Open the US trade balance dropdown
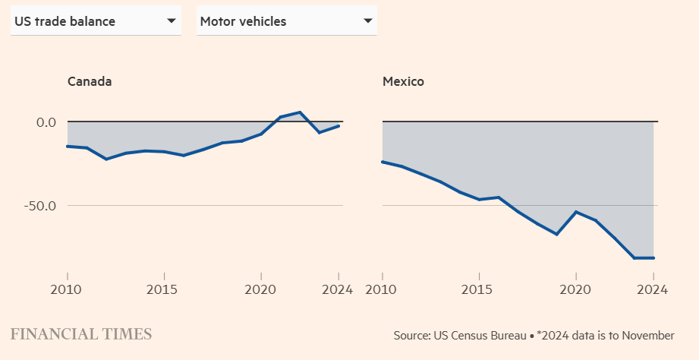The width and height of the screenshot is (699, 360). (x=96, y=21)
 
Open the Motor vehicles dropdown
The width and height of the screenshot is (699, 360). (x=286, y=21)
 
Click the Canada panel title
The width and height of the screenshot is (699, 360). (x=90, y=81)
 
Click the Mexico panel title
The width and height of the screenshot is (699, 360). (x=403, y=81)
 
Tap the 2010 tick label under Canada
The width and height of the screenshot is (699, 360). (x=67, y=289)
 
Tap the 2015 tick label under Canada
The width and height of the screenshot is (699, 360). (x=163, y=289)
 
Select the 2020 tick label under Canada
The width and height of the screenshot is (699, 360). (x=261, y=289)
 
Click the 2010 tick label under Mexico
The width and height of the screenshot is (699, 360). (x=382, y=289)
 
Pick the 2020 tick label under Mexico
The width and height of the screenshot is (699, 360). (x=575, y=289)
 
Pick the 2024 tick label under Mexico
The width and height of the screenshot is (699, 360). (x=653, y=289)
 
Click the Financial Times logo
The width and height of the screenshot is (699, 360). (x=80, y=334)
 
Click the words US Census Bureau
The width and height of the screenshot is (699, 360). (x=478, y=335)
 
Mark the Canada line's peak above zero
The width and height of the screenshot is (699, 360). (x=300, y=112)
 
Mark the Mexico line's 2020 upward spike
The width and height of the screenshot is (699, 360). (x=576, y=212)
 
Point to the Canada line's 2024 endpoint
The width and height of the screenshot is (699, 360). (x=338, y=125)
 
